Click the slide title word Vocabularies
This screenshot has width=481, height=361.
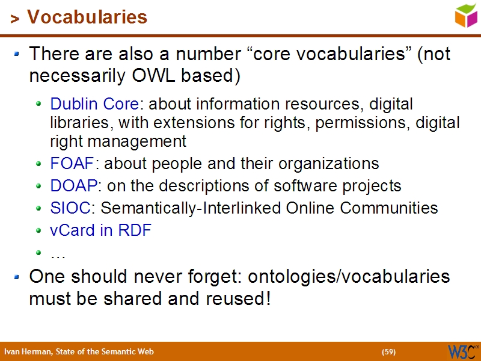pyautogui.click(x=87, y=17)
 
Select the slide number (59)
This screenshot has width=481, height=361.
pyautogui.click(x=388, y=352)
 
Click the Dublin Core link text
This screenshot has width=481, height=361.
pyautogui.click(x=94, y=104)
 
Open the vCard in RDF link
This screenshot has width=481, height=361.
pyautogui.click(x=100, y=230)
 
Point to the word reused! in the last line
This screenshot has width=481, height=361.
pyautogui.click(x=236, y=298)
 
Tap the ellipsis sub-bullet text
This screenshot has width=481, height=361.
pyautogui.click(x=58, y=254)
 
